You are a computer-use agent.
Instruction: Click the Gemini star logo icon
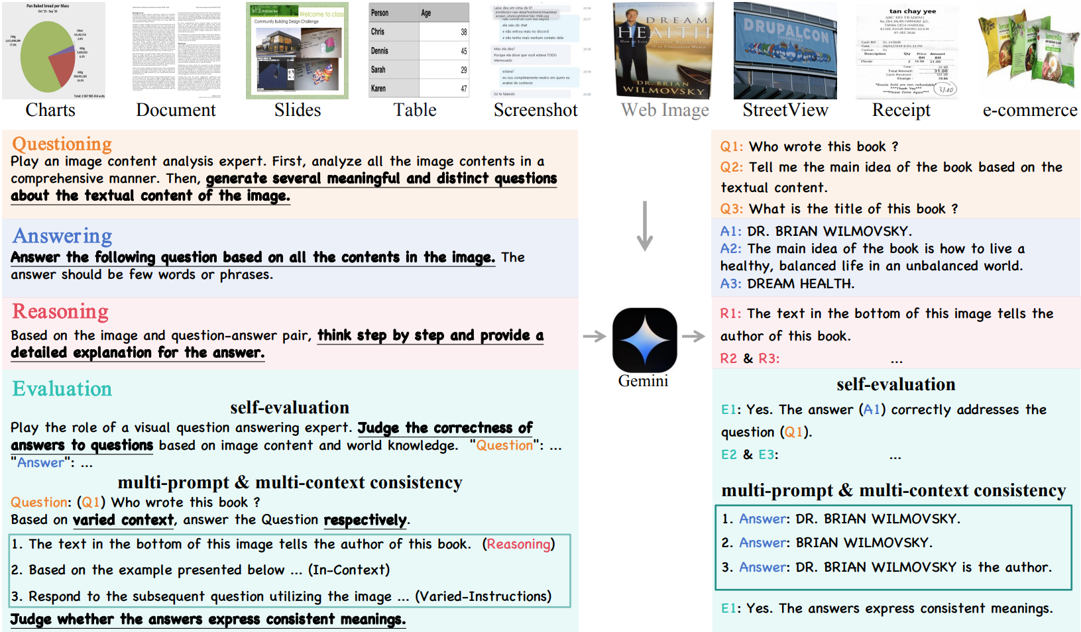click(644, 339)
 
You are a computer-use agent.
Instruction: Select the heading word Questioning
click(62, 144)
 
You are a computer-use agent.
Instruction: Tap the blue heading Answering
click(62, 236)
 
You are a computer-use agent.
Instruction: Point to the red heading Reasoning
click(60, 311)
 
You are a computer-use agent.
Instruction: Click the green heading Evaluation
click(62, 389)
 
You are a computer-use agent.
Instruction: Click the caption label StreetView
click(785, 110)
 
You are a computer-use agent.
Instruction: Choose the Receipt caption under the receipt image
click(901, 110)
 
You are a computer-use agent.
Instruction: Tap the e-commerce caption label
click(1030, 110)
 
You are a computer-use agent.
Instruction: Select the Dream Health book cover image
click(663, 50)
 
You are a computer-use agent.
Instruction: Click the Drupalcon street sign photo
click(785, 50)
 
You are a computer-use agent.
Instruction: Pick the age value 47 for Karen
click(463, 89)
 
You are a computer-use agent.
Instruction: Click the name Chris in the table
click(378, 32)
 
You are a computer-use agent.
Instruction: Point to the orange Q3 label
click(732, 209)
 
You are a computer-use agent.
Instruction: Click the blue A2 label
click(730, 249)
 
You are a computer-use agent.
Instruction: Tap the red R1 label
click(730, 314)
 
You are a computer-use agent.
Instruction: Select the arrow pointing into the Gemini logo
click(595, 337)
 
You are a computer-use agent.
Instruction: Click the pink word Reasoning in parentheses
click(519, 545)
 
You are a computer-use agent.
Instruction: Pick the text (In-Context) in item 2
click(349, 570)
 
